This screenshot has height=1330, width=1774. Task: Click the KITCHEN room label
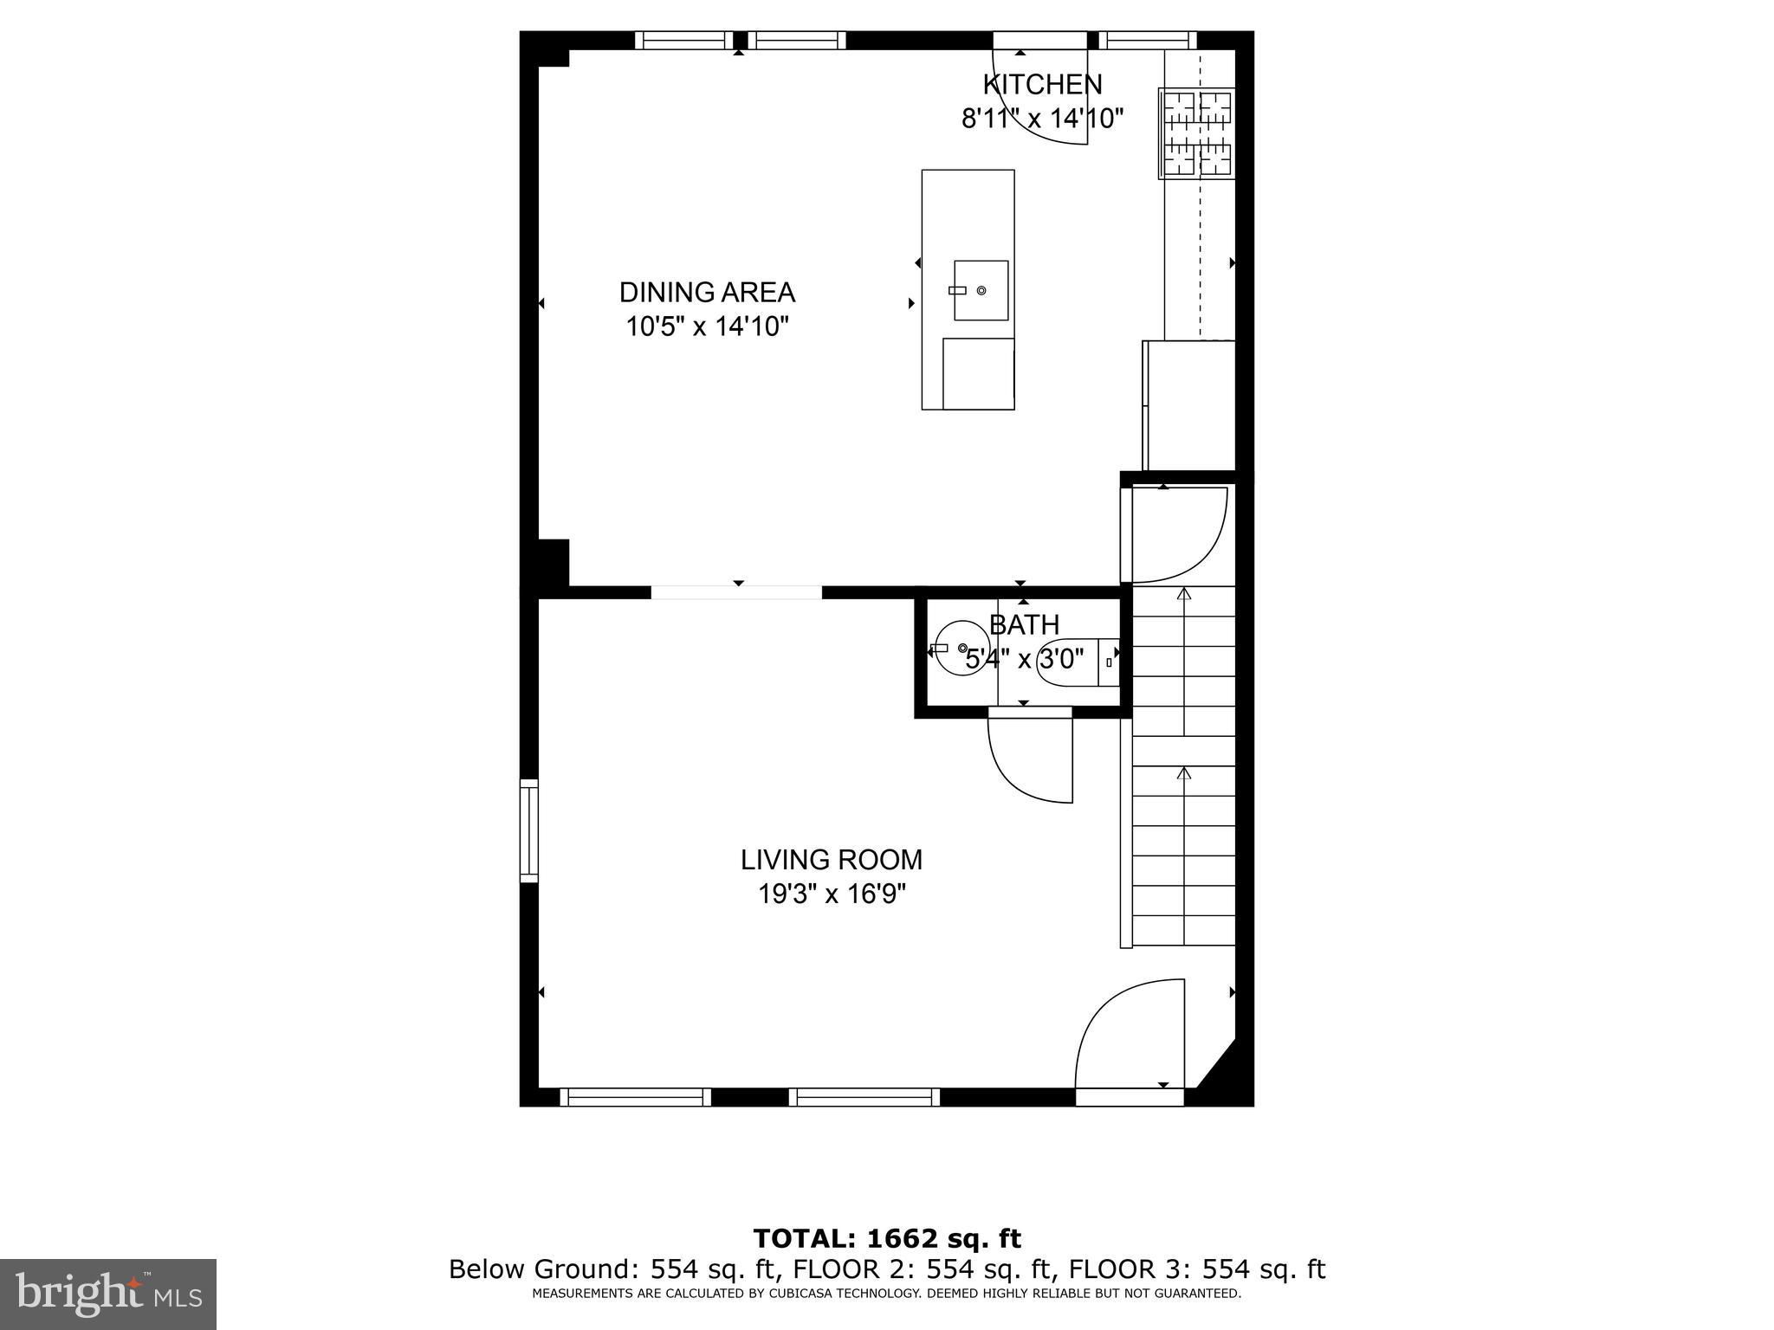1042,85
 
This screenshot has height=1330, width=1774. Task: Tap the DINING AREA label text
707,293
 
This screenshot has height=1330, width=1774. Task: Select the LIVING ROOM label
832,860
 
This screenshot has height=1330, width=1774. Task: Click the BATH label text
1025,624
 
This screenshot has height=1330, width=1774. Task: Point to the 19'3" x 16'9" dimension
832,894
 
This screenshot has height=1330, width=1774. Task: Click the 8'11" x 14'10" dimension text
1042,119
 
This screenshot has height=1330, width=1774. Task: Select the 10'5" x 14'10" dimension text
707,327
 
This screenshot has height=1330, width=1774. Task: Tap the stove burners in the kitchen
1197,134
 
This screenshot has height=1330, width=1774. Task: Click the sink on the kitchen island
981,291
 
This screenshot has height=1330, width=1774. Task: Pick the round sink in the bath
958,649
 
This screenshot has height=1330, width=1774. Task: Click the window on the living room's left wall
528,830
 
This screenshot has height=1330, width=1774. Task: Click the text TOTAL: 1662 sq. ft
887,1239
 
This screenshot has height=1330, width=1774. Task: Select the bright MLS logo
108,1294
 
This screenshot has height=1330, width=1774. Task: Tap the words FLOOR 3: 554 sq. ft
1196,1269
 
